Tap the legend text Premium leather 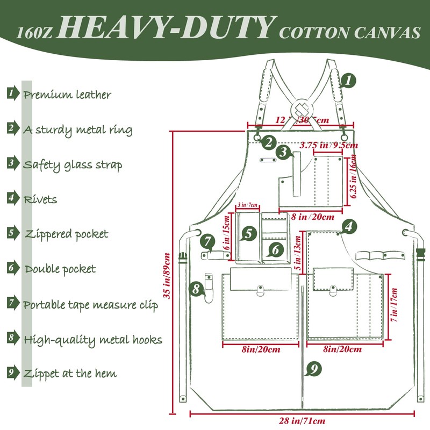tap(67, 95)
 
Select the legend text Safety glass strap tap(72, 164)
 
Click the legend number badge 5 tap(11, 233)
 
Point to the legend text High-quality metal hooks tap(92, 340)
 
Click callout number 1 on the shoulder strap tap(348, 81)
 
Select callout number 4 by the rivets tap(348, 227)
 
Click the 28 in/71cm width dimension tap(303, 421)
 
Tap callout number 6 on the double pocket tap(275, 249)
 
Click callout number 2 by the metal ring tap(269, 142)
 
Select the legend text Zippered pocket tap(66, 234)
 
